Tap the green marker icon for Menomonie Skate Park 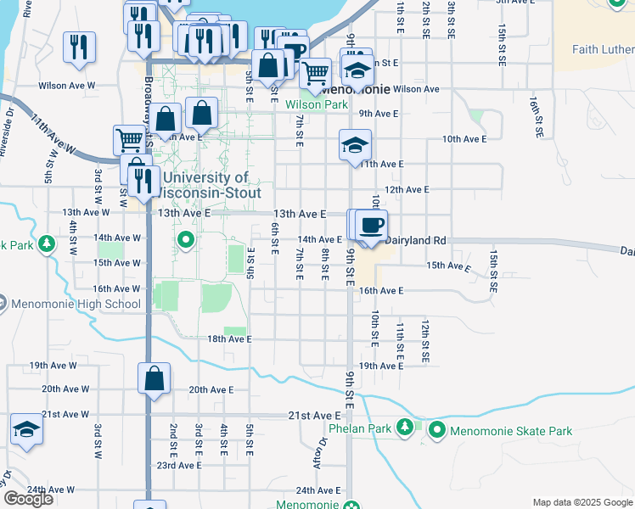437,431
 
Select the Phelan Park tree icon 406,427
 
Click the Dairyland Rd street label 415,240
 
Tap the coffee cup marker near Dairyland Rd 371,227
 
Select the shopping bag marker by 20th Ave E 154,379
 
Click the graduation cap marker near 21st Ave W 27,430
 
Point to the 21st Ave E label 314,415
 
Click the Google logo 28,499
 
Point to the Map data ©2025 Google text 581,502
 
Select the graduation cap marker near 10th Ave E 354,145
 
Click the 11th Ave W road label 53,136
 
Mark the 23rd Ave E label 178,465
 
